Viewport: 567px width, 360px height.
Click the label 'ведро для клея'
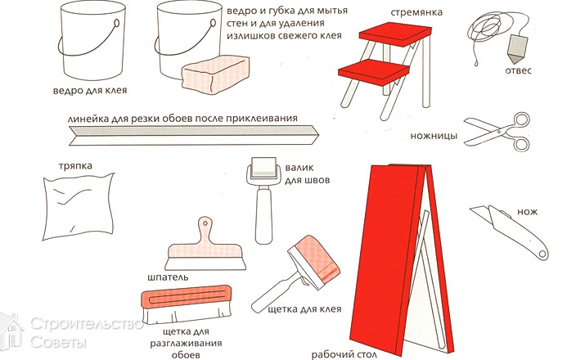click(x=90, y=90)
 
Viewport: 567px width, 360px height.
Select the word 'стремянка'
click(x=416, y=12)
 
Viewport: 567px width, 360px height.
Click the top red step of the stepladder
click(x=395, y=34)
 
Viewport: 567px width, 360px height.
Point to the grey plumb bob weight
click(x=517, y=48)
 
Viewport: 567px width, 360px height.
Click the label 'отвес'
click(x=518, y=70)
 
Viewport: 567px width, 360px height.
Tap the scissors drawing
click(x=497, y=132)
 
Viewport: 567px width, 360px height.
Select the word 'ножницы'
click(x=434, y=137)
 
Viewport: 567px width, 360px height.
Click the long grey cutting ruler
click(x=194, y=135)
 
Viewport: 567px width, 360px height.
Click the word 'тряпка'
click(x=75, y=166)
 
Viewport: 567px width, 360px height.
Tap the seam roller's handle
click(x=263, y=217)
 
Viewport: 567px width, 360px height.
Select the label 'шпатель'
click(x=169, y=277)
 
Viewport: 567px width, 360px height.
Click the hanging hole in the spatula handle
click(x=205, y=223)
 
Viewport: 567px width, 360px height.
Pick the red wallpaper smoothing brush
click(x=187, y=304)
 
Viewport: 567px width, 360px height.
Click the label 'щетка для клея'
click(x=304, y=309)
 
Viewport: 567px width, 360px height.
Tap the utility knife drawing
click(x=510, y=232)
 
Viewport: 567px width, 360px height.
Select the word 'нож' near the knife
click(x=527, y=212)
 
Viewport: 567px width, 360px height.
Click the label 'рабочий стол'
click(x=344, y=354)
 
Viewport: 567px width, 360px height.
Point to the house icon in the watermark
click(x=11, y=331)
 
